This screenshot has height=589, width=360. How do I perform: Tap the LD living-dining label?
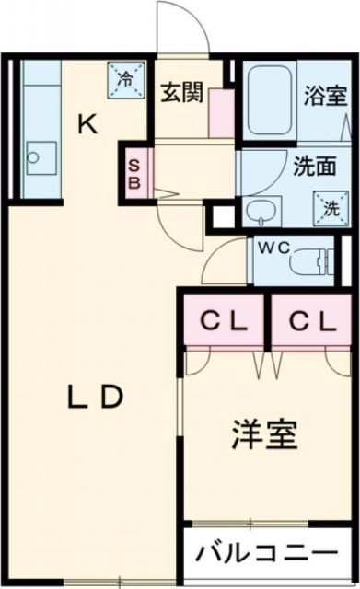(95, 397)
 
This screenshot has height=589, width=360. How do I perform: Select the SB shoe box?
(134, 173)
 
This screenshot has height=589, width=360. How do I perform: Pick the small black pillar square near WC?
(221, 217)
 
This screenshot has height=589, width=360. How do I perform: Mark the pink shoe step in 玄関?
(221, 112)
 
